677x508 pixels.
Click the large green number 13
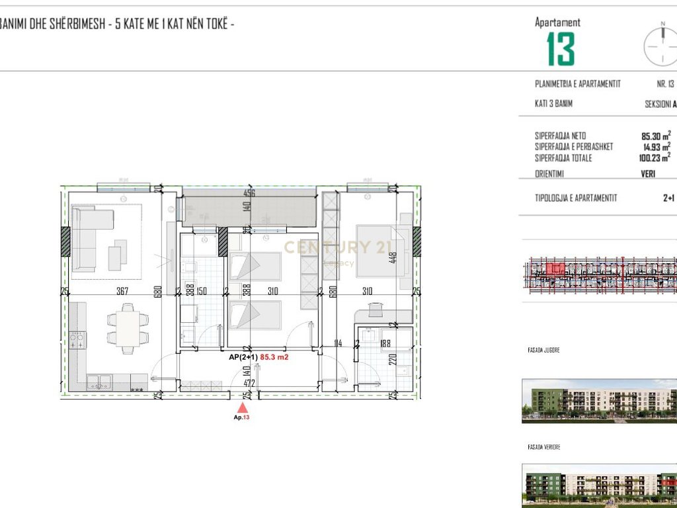coord(561,49)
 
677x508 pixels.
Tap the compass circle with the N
coord(661,45)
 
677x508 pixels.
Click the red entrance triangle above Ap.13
coord(243,408)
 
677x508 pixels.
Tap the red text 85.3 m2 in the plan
coord(276,357)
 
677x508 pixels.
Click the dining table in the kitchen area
coord(128,329)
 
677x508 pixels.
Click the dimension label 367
coord(121,292)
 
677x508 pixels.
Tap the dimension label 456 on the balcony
coord(249,194)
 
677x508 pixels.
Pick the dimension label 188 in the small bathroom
coord(385,343)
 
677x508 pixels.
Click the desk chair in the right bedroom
coord(375,308)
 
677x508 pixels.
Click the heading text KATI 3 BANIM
coord(553,104)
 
